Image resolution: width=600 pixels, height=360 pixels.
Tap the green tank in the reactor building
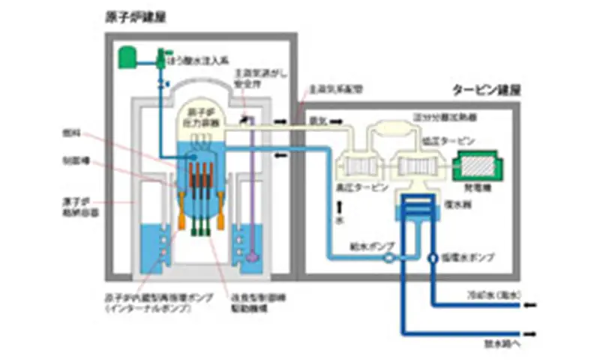coord(126,54)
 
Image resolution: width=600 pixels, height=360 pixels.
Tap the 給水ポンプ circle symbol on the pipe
coord(390,258)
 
